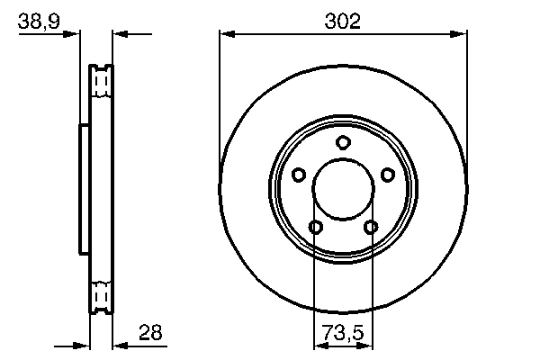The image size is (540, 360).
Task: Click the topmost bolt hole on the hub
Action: pos(343,142)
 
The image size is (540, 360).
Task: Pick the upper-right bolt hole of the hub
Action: pos(388,175)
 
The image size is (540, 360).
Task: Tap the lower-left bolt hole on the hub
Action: pos(315,227)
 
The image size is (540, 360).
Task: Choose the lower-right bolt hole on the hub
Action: pos(371,227)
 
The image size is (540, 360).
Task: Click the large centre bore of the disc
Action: pos(343,190)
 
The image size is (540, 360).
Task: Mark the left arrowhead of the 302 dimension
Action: pos(226,35)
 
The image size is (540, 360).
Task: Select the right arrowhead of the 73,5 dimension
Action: pos(367,344)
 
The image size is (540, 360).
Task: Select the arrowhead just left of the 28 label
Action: pos(119,344)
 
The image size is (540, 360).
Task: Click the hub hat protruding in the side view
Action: pos(84,189)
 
